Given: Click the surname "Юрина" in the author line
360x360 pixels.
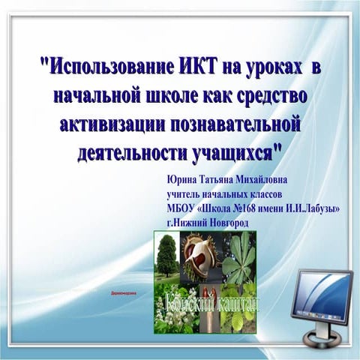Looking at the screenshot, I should pyautogui.click(x=182, y=178).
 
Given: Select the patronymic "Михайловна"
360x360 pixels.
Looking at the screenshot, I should pyautogui.click(x=259, y=178).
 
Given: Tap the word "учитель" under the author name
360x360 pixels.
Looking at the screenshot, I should pyautogui.click(x=187, y=193).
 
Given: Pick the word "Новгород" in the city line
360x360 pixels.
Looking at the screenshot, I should pyautogui.click(x=226, y=223).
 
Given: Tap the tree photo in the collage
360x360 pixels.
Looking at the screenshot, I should pyautogui.click(x=166, y=255).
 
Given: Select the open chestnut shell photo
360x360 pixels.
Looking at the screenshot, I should pyautogui.click(x=201, y=254).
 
